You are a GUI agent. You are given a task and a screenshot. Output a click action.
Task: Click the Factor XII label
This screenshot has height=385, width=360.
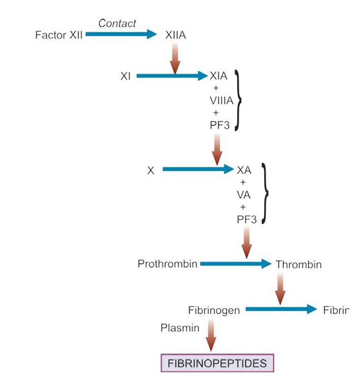tap(59, 35)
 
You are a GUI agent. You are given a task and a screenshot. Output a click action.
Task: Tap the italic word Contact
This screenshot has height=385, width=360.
tap(117, 23)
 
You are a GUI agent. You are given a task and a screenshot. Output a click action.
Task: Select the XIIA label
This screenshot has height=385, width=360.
tap(175, 35)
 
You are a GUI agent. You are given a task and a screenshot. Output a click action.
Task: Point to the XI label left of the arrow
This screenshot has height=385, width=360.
tap(125, 76)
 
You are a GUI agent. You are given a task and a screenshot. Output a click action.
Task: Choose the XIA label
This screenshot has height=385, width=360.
tap(219, 76)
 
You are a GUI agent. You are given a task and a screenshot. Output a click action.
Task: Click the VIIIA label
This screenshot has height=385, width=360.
tap(221, 100)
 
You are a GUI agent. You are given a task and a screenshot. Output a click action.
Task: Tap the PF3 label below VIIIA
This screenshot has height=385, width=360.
tap(219, 124)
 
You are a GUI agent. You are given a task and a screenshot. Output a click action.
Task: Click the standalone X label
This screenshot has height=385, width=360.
tap(151, 171)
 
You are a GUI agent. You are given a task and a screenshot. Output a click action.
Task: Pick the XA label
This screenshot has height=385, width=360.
tap(244, 171)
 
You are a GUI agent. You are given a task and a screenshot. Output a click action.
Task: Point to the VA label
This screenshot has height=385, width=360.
tap(244, 194)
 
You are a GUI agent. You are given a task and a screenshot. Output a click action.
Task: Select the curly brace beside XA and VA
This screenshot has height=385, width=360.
tap(265, 194)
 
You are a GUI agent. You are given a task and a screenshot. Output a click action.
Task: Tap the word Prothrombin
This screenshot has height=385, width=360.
tap(167, 264)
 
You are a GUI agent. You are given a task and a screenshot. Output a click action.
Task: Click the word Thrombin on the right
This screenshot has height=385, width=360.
tap(298, 264)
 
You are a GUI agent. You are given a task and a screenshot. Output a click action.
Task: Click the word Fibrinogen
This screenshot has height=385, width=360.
tap(214, 310)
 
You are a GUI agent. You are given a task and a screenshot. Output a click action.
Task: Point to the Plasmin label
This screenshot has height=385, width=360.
tap(180, 328)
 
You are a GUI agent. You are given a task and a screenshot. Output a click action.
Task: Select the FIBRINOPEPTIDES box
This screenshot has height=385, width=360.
tap(217, 364)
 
